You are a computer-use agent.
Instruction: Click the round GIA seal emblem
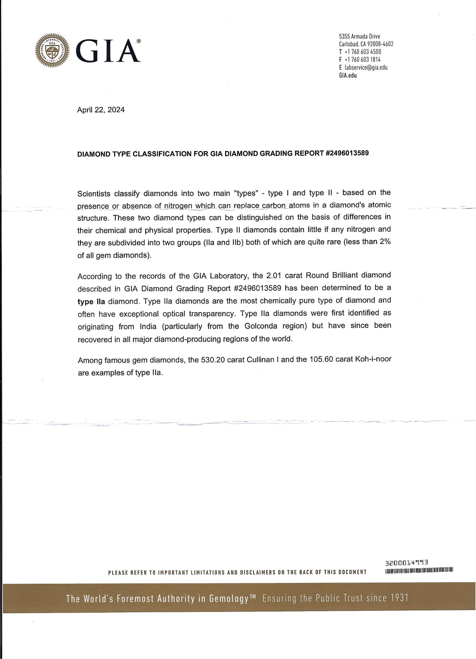click(x=52, y=51)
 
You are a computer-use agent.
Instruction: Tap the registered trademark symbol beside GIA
click(x=138, y=41)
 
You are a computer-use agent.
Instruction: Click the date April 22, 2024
click(x=101, y=110)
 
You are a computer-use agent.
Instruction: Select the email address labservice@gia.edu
click(x=365, y=67)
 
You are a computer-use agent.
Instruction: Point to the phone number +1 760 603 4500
click(x=362, y=52)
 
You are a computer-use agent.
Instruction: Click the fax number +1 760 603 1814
click(x=362, y=60)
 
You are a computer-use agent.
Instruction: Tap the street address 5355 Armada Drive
click(x=359, y=36)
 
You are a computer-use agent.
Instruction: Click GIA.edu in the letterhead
click(x=348, y=75)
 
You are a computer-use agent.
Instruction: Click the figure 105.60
click(x=321, y=360)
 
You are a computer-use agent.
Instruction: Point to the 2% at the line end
click(x=385, y=242)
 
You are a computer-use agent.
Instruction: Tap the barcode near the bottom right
click(x=419, y=571)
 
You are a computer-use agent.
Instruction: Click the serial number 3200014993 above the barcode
click(x=406, y=562)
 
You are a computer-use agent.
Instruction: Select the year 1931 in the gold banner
click(x=397, y=598)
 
